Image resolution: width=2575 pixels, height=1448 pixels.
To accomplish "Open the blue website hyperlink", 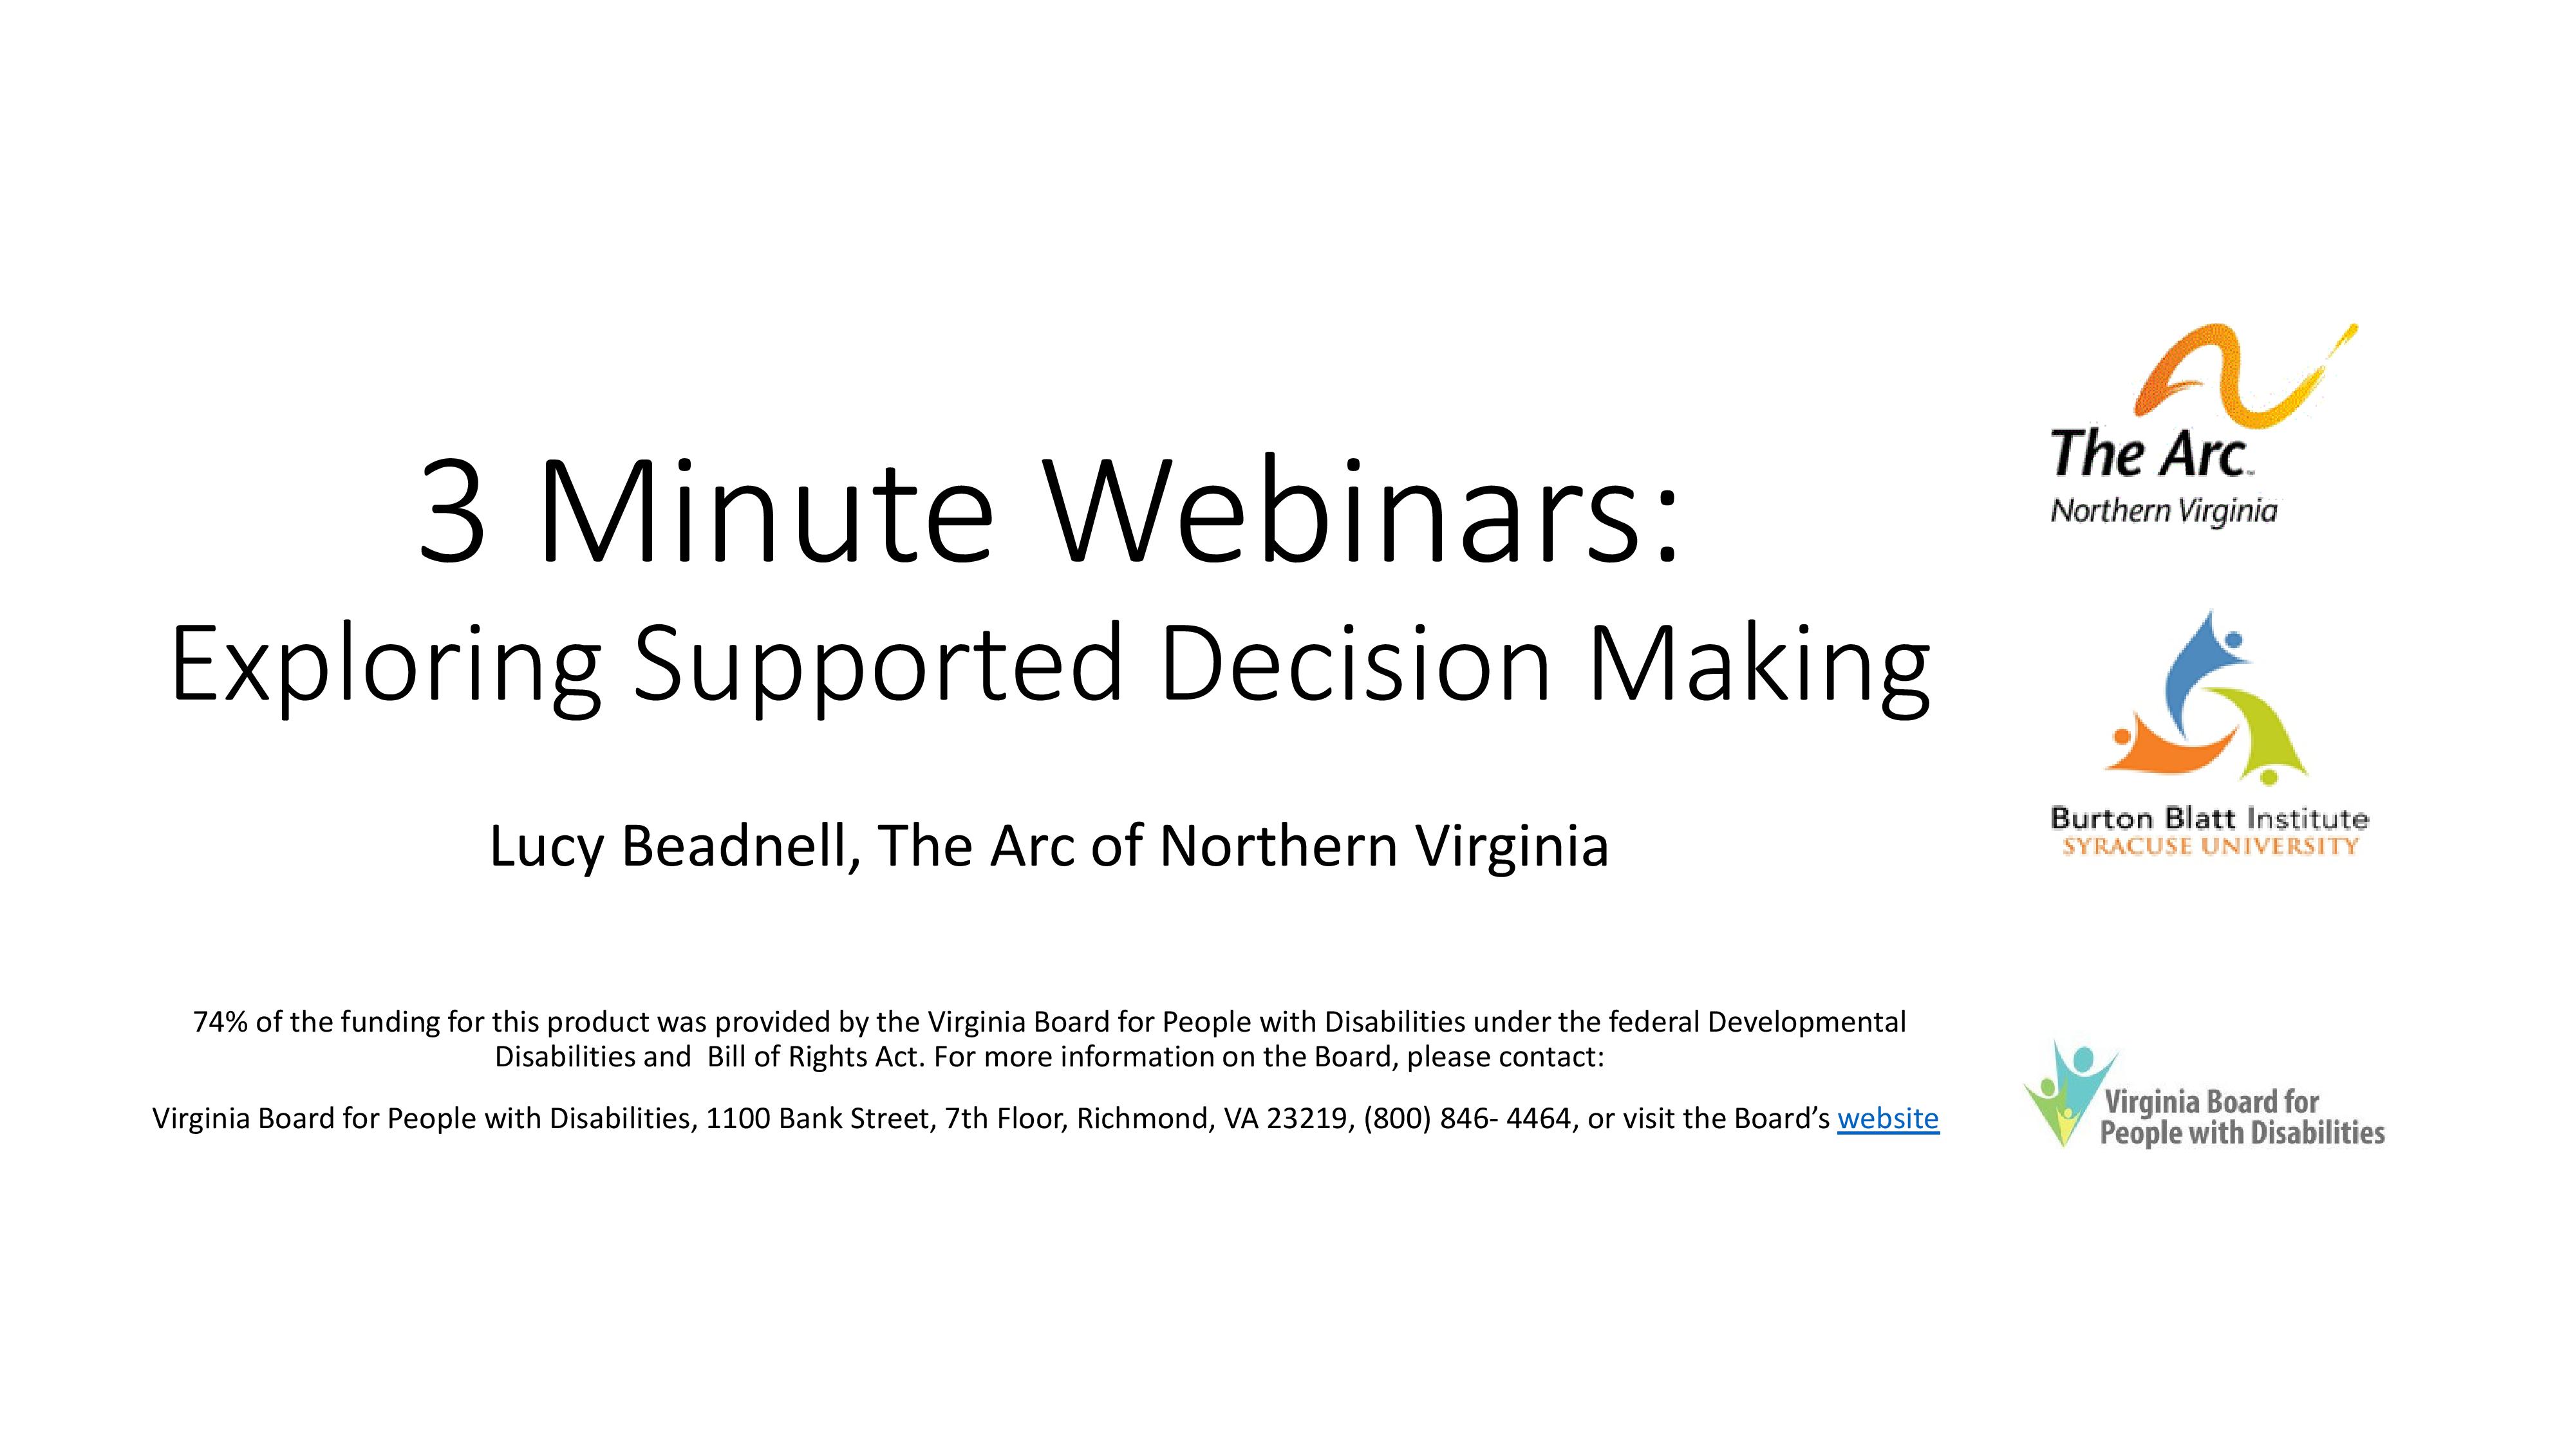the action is pyautogui.click(x=1887, y=1118).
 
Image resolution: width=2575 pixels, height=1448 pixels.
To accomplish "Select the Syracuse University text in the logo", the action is pyautogui.click(x=2210, y=846).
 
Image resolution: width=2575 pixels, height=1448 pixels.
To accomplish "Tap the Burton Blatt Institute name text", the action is pyautogui.click(x=2209, y=819).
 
